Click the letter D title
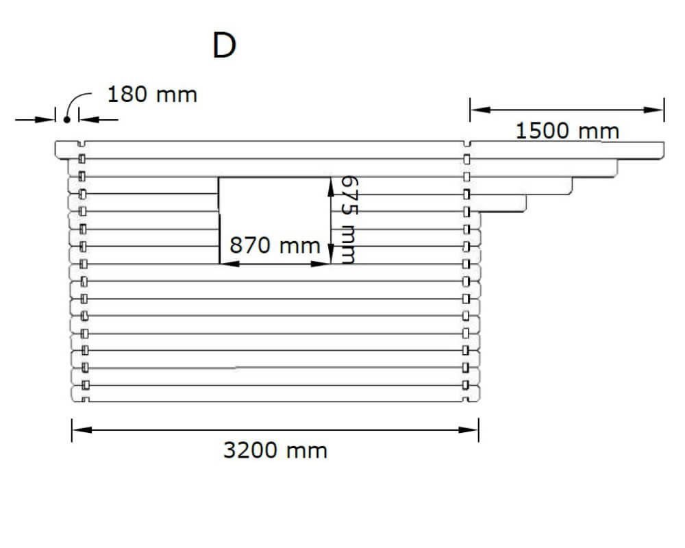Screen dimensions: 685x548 click(224, 45)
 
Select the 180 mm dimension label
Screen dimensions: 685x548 click(152, 95)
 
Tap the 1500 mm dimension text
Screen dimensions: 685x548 click(567, 131)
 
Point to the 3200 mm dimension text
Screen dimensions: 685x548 click(275, 450)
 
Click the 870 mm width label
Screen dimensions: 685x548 click(275, 246)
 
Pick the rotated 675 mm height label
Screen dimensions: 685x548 click(349, 220)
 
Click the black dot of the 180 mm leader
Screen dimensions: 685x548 click(67, 119)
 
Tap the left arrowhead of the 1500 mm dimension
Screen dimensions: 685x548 click(480, 109)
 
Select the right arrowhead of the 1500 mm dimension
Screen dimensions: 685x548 click(654, 109)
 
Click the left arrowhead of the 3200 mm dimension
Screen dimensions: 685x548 click(82, 429)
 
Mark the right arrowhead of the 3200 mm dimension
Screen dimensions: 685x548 click(469, 429)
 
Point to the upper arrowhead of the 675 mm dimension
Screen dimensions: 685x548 click(331, 186)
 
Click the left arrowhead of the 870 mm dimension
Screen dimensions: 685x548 click(229, 264)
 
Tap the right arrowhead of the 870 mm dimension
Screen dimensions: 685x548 click(320, 264)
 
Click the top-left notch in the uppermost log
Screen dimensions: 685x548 click(82, 144)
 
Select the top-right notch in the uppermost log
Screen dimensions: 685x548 click(466, 144)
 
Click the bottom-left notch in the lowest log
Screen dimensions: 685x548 click(86, 399)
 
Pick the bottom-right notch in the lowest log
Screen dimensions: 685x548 click(466, 399)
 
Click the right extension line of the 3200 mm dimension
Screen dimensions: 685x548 click(479, 430)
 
